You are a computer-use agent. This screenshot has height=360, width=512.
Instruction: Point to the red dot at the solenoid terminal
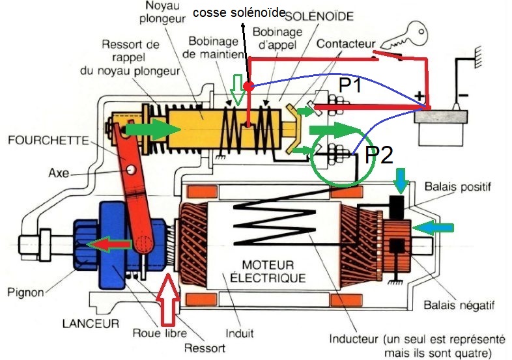(x=248, y=85)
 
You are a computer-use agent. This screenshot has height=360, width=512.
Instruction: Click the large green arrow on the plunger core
(x=152, y=130)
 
